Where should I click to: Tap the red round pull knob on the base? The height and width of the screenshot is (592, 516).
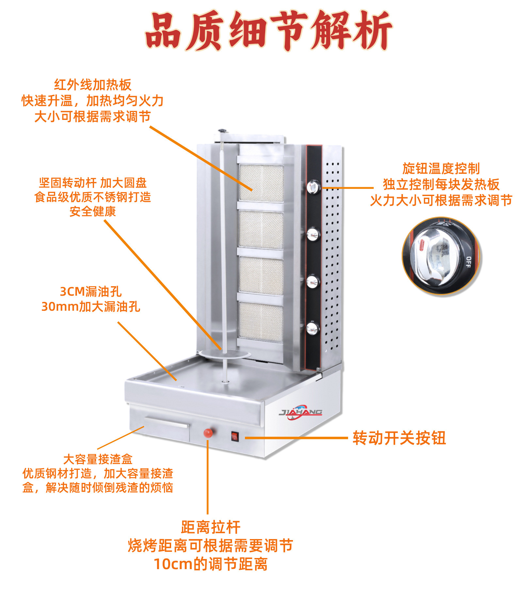(x=208, y=433)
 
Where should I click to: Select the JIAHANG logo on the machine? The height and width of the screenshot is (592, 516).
(x=301, y=412)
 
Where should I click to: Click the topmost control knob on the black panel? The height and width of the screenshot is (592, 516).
(x=314, y=187)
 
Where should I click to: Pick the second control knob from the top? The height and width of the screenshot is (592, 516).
(x=313, y=234)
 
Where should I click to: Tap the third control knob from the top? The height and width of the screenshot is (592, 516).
(x=313, y=281)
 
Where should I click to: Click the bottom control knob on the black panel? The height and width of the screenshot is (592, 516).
(x=312, y=328)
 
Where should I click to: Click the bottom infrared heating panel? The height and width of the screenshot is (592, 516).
(x=260, y=322)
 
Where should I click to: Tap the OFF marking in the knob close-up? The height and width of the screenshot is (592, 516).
(x=468, y=262)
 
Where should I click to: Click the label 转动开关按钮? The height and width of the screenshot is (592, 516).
(x=399, y=438)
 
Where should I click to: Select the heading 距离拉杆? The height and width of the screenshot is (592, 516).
(x=211, y=527)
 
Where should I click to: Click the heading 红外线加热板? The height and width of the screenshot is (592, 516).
(x=93, y=85)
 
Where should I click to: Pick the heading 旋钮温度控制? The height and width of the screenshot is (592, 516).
(x=441, y=169)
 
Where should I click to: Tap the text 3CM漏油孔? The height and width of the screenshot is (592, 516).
(x=90, y=291)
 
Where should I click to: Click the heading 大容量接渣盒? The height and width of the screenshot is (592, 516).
(x=98, y=459)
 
